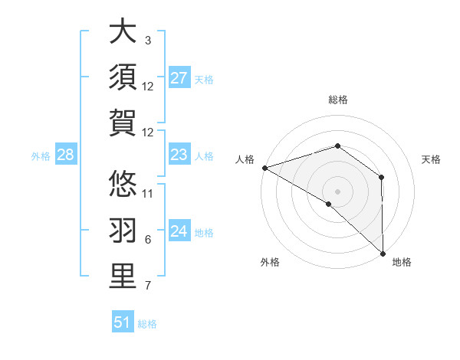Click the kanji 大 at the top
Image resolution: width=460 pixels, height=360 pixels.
(x=123, y=32)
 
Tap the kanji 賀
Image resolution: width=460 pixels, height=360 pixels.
(x=123, y=123)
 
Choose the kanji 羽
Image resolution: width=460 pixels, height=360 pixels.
(x=123, y=231)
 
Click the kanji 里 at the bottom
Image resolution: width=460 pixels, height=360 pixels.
(x=123, y=277)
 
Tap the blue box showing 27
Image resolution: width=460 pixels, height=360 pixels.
(x=179, y=78)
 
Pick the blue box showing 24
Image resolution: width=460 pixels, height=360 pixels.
(x=179, y=231)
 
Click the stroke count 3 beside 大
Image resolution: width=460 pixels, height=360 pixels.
(x=147, y=40)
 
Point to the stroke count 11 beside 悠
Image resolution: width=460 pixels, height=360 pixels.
(x=149, y=193)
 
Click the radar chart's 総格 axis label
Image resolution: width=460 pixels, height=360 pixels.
(x=338, y=100)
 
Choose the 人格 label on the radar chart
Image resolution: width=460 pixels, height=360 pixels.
(x=245, y=159)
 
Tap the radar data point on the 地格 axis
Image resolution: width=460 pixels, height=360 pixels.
(x=383, y=252)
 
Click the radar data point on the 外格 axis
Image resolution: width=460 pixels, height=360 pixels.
(x=329, y=204)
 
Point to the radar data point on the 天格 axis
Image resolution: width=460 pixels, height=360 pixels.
(x=381, y=178)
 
